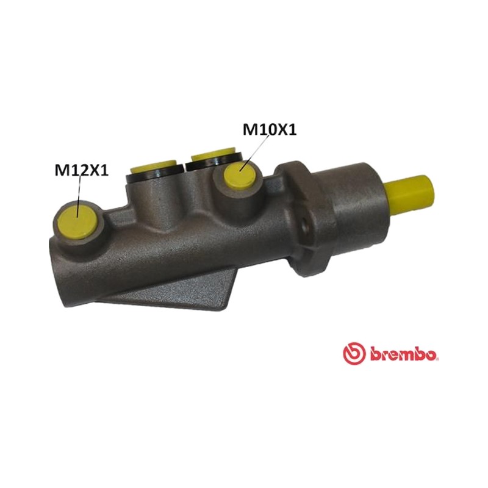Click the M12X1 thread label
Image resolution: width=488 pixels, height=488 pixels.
click(x=82, y=170)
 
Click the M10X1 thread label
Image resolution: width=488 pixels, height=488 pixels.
click(x=270, y=130)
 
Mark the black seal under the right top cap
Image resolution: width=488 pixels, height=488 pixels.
click(x=215, y=162)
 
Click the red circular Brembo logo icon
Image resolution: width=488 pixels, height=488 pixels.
click(x=354, y=353)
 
